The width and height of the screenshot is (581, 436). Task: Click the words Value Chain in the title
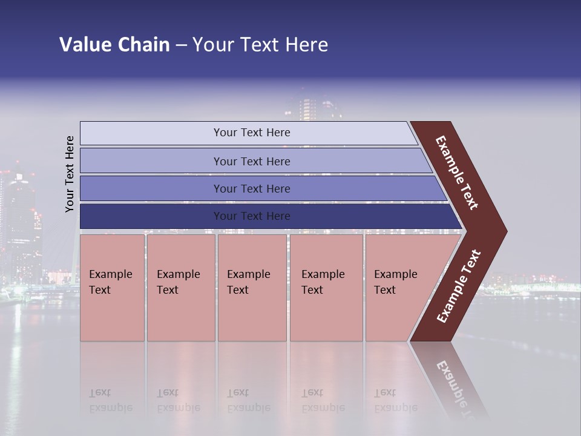(x=114, y=45)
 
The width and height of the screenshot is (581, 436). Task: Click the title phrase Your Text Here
(x=260, y=45)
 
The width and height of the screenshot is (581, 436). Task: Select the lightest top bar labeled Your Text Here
(x=251, y=133)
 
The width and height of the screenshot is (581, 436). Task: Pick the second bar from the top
(x=251, y=161)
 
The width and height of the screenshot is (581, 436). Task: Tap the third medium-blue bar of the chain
(x=251, y=188)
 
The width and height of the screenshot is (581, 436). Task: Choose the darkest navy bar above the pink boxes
(x=251, y=216)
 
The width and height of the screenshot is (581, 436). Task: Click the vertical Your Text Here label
(x=70, y=174)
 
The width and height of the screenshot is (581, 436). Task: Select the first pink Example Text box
(x=112, y=288)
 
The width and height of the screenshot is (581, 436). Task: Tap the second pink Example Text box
(x=180, y=288)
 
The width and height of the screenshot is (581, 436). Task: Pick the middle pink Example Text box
(x=252, y=288)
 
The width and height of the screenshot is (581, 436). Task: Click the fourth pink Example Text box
(x=326, y=288)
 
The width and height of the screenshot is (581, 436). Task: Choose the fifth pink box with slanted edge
(x=399, y=288)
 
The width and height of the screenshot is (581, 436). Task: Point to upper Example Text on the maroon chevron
(x=457, y=173)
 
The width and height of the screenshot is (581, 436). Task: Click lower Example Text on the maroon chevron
(x=459, y=286)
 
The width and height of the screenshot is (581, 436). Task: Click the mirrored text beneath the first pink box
(x=111, y=400)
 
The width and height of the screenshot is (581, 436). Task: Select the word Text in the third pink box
(x=238, y=290)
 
